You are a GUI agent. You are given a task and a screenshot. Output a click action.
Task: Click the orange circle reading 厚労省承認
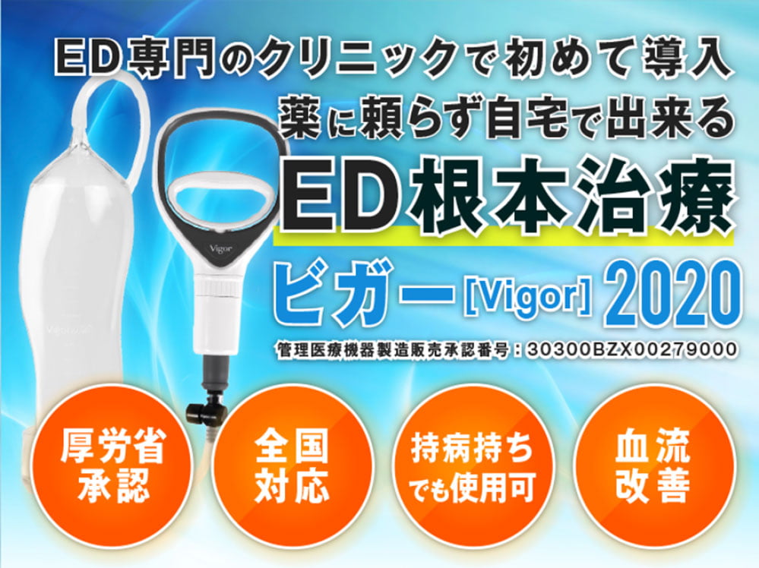pos(113,466)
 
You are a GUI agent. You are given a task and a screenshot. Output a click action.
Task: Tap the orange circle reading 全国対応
pos(293,466)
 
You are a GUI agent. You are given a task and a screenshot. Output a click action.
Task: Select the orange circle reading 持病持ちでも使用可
pos(472,466)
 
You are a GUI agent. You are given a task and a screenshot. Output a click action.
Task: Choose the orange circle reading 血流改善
pos(653,466)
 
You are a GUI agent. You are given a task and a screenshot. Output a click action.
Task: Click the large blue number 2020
pos(673,295)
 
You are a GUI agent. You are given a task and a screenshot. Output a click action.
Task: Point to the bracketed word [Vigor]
pos(527,296)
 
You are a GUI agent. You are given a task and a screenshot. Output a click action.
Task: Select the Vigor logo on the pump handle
pos(221,248)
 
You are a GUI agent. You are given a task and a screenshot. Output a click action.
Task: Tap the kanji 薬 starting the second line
pos(300,118)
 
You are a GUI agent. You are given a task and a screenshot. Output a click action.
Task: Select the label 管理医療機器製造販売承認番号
pos(391,349)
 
